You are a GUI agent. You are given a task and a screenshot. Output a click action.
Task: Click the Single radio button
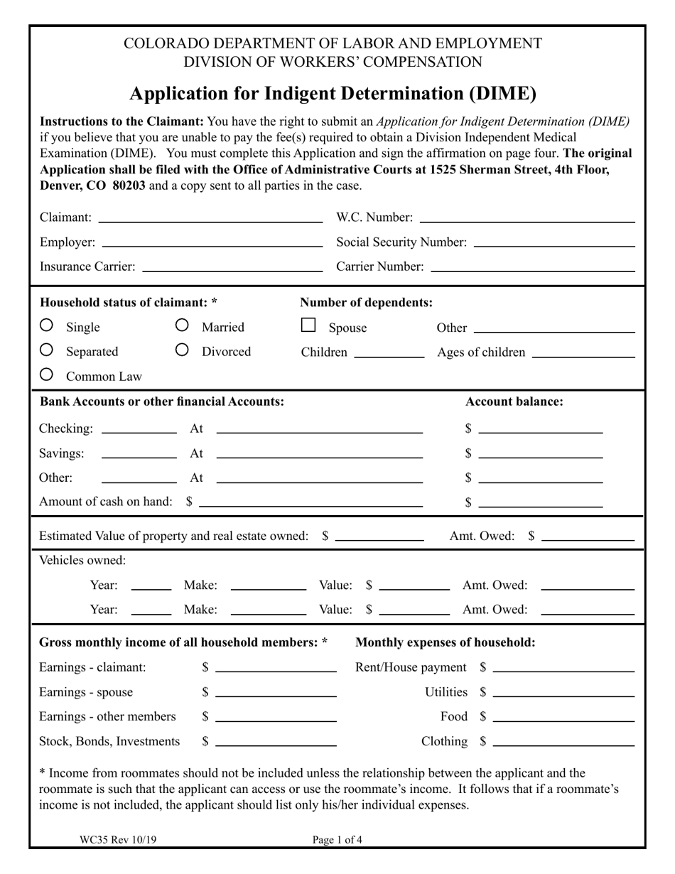(46, 325)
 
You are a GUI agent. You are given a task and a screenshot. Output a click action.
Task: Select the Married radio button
(182, 325)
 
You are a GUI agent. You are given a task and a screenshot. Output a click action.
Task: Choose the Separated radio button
(46, 350)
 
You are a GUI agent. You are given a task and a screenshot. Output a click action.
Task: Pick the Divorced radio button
(182, 350)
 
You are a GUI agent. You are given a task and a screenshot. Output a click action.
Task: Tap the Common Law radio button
(46, 374)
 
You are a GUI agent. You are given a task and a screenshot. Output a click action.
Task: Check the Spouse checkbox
(308, 325)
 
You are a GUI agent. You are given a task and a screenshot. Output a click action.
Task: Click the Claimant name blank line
(210, 218)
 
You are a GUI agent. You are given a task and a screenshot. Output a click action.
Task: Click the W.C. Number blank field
(526, 218)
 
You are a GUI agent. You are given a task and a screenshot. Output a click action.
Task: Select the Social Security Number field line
(553, 243)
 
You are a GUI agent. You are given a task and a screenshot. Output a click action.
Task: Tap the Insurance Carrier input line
(232, 267)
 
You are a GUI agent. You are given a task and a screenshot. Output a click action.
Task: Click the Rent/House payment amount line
(563, 668)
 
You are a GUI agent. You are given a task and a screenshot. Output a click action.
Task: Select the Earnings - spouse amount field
(276, 693)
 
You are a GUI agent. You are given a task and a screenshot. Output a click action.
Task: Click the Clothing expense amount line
(563, 742)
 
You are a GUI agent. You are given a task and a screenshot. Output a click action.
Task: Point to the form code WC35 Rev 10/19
(119, 840)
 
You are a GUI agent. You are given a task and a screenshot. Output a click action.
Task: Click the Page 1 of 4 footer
(337, 840)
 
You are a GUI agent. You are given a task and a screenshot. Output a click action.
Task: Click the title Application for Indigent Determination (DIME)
(333, 94)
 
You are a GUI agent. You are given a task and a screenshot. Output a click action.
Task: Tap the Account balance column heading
(514, 401)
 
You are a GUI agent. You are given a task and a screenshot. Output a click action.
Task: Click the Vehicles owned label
(82, 561)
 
